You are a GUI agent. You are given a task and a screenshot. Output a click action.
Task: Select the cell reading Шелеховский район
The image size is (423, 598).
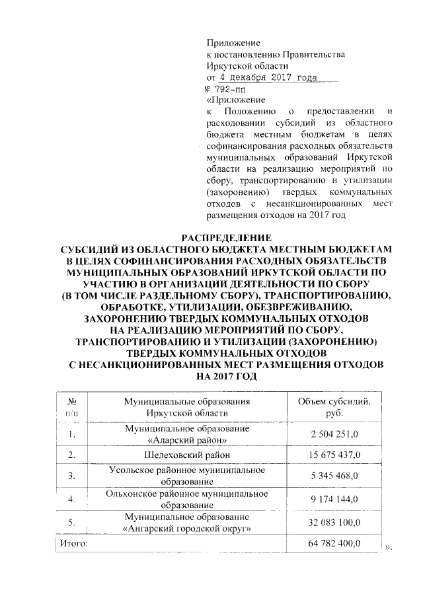coord(187,455)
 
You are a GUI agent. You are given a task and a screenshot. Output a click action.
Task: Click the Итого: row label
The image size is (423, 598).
coord(70,543)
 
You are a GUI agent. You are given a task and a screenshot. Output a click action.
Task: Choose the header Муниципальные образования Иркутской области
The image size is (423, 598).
coord(187,407)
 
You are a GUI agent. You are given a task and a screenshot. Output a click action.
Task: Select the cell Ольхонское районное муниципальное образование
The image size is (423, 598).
coord(187,498)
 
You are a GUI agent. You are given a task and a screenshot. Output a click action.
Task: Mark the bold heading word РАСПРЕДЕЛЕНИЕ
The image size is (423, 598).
coord(227,237)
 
